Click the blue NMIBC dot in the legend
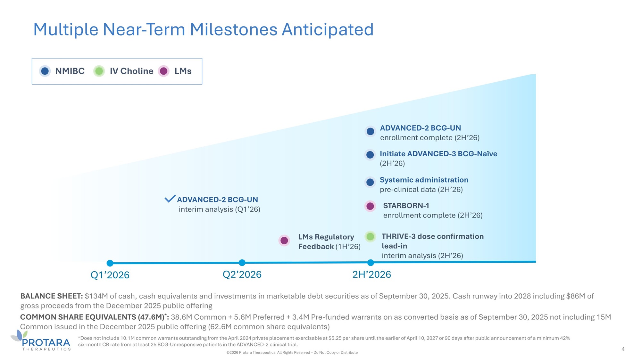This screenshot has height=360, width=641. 45,71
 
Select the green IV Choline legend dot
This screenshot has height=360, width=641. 99,71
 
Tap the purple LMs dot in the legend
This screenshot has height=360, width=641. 164,71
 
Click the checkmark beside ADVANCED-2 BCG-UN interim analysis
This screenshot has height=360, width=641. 170,199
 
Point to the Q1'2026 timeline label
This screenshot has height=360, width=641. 110,275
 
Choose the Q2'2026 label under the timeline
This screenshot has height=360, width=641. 242,274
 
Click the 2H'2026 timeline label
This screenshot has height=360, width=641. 371,274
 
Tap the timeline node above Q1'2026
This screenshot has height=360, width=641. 110,263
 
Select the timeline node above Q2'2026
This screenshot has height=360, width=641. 242,263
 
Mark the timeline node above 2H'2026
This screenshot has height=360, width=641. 370,263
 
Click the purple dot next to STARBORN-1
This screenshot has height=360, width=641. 370,206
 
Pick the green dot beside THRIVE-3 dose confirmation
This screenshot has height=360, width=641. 370,236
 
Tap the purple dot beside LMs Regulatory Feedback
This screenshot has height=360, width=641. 284,241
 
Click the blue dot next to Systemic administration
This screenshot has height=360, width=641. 370,182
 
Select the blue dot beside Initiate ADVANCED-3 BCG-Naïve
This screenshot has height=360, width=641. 370,155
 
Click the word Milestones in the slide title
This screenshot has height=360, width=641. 234,29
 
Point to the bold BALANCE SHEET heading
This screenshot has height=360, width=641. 52,296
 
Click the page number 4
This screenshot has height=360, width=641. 623,349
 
